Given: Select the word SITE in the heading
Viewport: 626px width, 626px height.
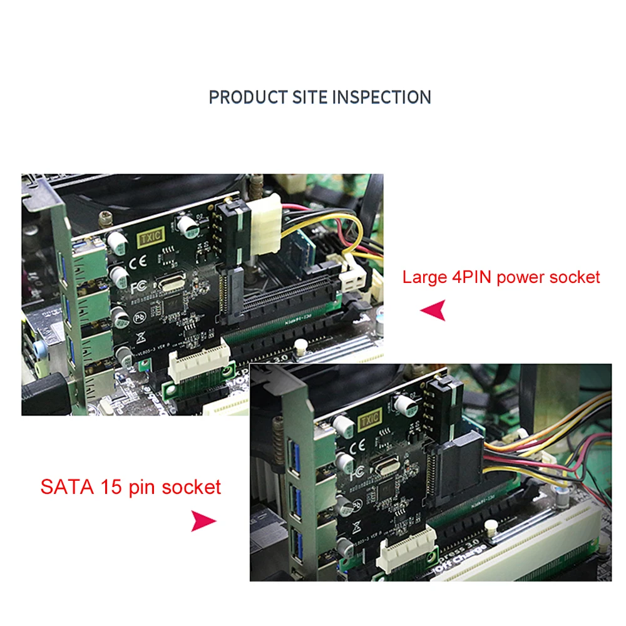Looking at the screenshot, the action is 310,98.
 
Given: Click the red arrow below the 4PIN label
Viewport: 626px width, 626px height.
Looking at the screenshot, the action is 433,309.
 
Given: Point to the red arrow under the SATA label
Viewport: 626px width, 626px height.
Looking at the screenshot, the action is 203,520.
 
